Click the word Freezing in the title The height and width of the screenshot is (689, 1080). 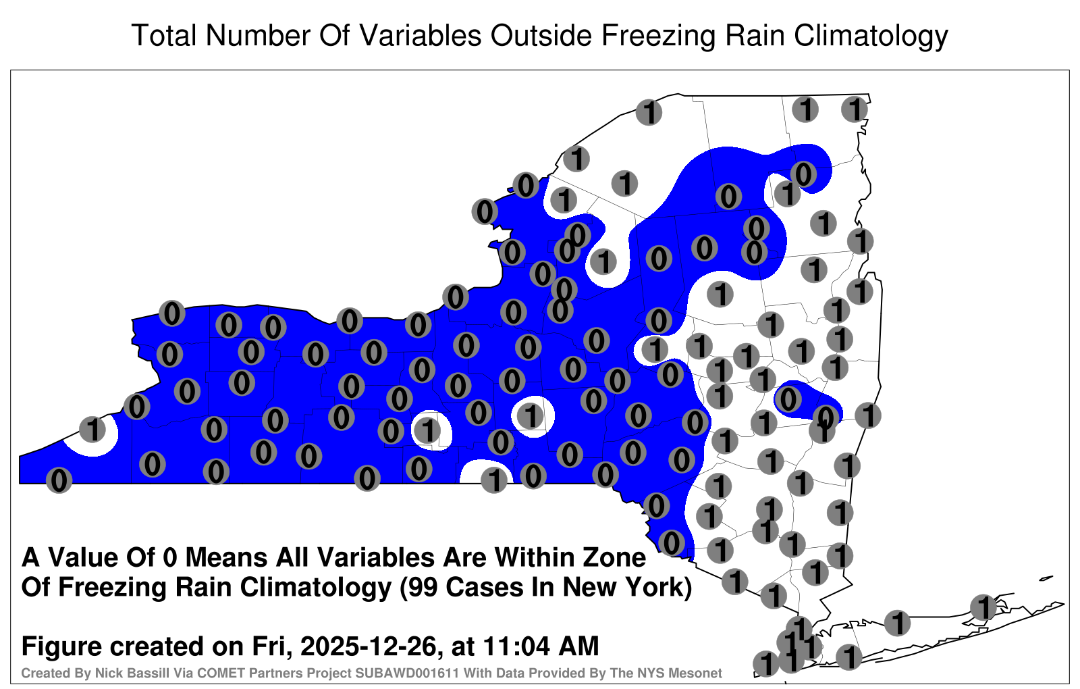657,36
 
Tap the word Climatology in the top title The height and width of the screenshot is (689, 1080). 871,36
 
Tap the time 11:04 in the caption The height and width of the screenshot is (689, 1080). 516,646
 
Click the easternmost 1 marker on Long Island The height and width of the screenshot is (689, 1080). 983,607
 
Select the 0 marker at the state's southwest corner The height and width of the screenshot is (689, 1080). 59,480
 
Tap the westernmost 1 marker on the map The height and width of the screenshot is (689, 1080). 92,429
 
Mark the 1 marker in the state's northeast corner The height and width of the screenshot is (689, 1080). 855,109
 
